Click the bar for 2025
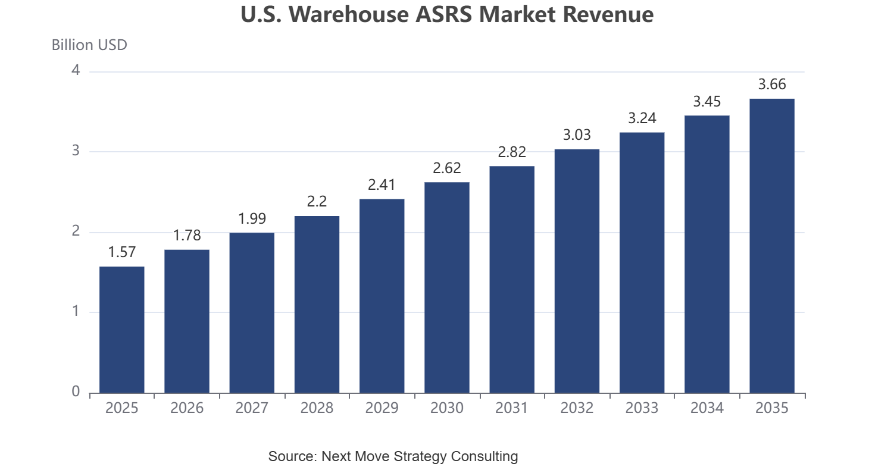122,330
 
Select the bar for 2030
447,287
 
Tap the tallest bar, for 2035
772,246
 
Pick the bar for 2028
317,305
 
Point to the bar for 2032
577,271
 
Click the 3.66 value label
772,84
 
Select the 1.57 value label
122,252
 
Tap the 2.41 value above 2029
382,184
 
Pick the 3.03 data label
577,135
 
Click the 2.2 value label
317,202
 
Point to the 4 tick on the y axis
76,71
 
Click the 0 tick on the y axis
76,392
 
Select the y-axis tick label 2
76,231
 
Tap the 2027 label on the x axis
252,408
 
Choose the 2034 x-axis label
707,408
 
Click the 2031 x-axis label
512,408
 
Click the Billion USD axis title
89,45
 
